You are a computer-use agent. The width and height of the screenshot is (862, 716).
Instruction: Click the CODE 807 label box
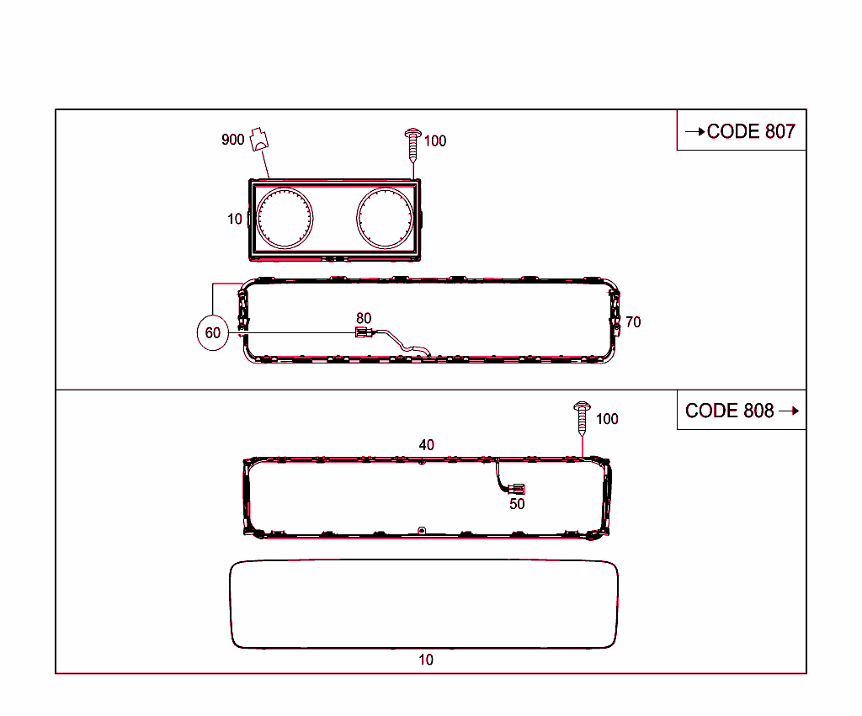click(741, 130)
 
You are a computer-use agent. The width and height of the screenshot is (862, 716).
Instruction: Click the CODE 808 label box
click(741, 411)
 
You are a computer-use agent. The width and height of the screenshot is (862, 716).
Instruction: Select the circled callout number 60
click(213, 333)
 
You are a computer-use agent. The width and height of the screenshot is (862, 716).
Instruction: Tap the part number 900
click(232, 140)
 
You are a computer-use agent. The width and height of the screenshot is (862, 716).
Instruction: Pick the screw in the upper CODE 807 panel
click(413, 144)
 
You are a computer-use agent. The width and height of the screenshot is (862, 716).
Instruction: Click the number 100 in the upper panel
click(435, 141)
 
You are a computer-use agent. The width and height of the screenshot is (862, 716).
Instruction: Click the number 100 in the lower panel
click(607, 419)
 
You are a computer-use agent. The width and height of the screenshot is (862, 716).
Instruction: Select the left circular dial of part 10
click(285, 218)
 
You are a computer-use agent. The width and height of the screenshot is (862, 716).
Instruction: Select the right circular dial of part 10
click(385, 217)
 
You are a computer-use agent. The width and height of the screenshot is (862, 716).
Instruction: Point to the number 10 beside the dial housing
click(234, 219)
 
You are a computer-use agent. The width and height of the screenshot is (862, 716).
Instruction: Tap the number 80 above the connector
click(364, 318)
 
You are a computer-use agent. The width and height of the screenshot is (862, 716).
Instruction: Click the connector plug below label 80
click(362, 333)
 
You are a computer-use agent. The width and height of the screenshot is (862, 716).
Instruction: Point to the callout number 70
click(633, 322)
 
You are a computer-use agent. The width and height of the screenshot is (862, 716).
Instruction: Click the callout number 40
click(427, 444)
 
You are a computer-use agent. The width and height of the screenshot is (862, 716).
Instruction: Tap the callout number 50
click(517, 504)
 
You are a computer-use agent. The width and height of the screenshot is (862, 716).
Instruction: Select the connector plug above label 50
click(518, 488)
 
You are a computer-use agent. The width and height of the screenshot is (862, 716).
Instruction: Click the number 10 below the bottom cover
click(426, 660)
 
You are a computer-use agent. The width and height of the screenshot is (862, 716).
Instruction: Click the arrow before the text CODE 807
click(694, 131)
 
